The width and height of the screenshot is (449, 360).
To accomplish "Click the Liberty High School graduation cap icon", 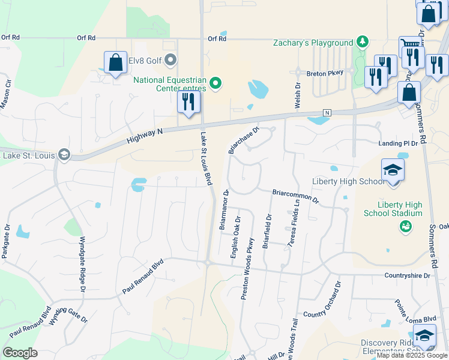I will coord(393,170).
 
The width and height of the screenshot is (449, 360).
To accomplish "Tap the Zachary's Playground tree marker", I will coord(362,42).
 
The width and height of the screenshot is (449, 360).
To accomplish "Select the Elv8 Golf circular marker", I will coord(171,59).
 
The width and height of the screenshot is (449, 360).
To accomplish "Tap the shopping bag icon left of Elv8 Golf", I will coord(115,62).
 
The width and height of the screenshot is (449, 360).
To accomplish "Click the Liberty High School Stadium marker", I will coord(406,226).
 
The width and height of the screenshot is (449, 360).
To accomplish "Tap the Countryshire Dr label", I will coord(406,276).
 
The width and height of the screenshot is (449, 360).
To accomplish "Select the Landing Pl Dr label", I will coord(398,144).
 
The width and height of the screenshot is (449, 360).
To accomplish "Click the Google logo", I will coord(20,353).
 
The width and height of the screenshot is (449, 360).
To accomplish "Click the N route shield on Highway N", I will coord(327,113).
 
